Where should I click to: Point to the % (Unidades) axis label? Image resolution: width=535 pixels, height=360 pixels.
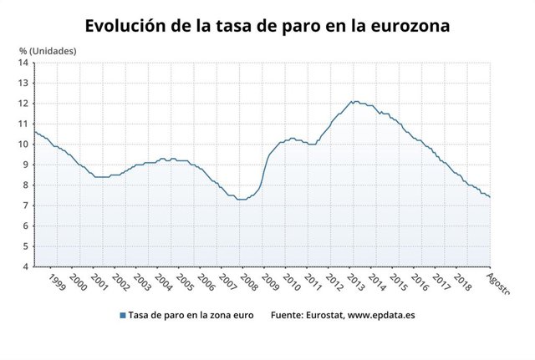[x=48, y=51]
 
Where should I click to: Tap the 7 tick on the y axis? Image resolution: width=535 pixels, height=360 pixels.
[x=26, y=205]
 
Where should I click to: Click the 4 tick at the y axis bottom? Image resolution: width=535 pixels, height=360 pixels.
[x=26, y=266]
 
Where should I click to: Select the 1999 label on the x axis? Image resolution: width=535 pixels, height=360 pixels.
[x=56, y=281]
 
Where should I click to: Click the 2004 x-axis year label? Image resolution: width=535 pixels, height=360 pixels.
[x=164, y=281]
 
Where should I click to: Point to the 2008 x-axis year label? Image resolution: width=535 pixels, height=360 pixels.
[x=249, y=281]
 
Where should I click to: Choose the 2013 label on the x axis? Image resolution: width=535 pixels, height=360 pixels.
[x=354, y=281]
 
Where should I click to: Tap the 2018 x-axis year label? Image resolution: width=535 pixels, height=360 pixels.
[x=461, y=281]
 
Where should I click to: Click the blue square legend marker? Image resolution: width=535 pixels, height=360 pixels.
[x=122, y=315]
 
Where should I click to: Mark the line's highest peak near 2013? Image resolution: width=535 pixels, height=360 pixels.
[x=354, y=101]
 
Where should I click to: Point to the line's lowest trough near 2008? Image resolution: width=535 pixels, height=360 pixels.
[x=242, y=200]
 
